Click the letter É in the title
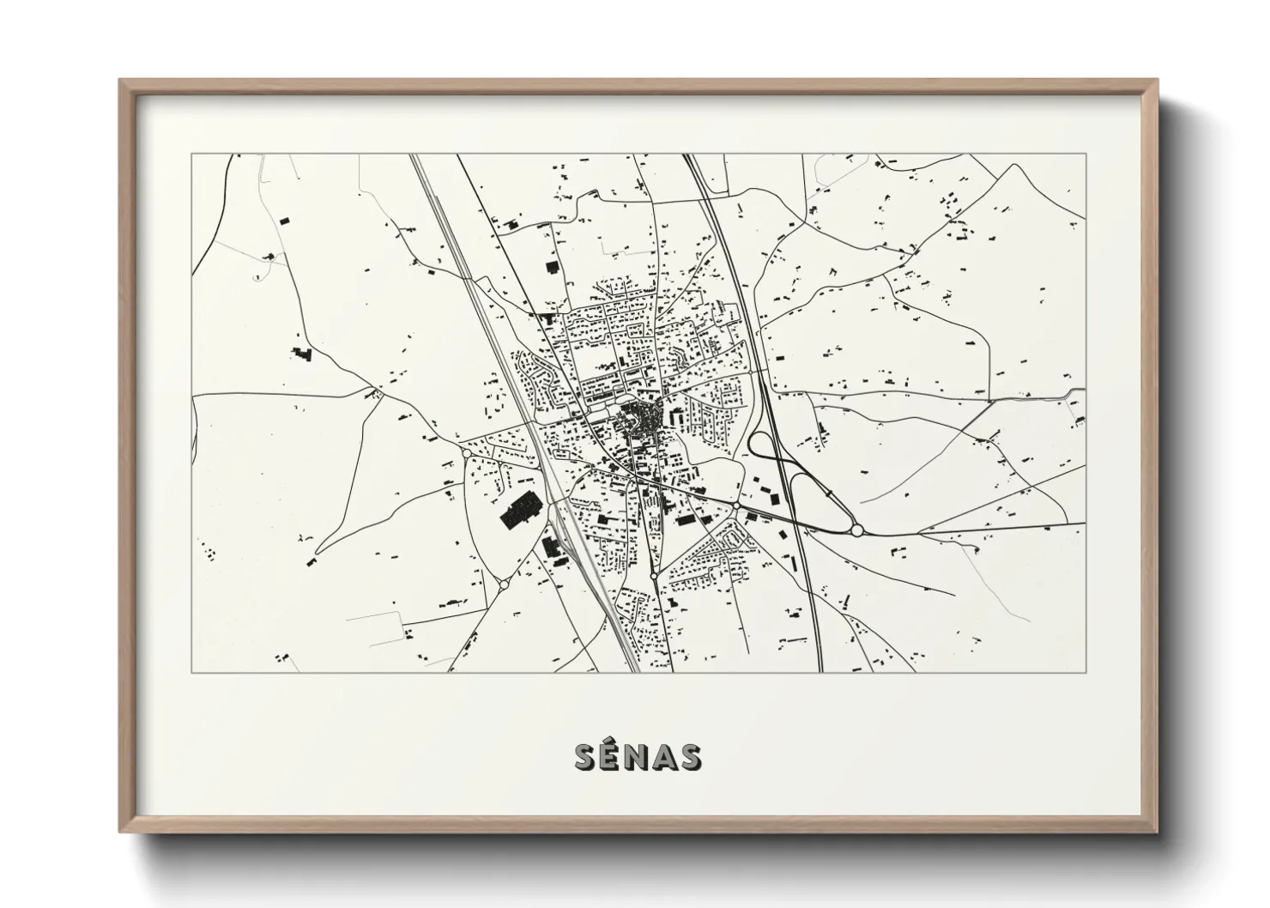tap(611, 756)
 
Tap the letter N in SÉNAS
tap(637, 757)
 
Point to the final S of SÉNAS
tap(689, 757)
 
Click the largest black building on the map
tap(517, 512)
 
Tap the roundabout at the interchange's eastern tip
tap(856, 530)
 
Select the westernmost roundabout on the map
tap(465, 451)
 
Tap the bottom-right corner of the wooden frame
tap(1158, 832)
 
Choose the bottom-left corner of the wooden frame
tap(121, 832)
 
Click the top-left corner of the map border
tap(191, 154)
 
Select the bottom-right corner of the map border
tap(1086, 672)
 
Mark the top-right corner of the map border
tap(1086, 154)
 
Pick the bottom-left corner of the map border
tap(191, 672)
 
